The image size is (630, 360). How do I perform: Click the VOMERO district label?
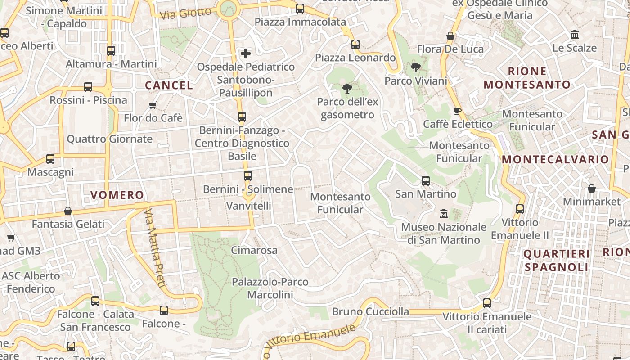coord(117,195)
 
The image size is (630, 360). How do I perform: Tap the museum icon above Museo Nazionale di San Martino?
coord(444,213)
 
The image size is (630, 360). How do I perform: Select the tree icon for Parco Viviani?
coord(415,68)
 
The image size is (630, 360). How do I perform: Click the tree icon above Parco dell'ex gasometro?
coord(347,89)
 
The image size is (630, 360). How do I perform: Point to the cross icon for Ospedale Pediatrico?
coord(246,54)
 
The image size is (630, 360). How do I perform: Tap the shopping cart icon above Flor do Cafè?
coord(153,105)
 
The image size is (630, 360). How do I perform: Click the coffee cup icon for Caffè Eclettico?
coord(458,111)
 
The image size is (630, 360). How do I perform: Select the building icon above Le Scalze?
coord(574,35)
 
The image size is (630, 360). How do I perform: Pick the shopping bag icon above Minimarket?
coord(591,189)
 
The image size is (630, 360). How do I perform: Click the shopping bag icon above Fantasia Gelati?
coord(68,211)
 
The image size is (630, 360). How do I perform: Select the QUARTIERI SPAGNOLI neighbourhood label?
coord(557,261)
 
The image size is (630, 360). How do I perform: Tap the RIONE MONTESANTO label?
coord(527,78)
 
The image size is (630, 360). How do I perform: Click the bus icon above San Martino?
coord(426,181)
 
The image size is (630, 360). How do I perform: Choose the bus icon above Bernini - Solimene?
coord(247,176)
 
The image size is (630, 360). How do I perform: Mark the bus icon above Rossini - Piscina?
coord(88,87)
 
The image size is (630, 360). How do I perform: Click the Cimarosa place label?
coord(254,250)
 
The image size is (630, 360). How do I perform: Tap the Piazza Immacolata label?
coord(300,22)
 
